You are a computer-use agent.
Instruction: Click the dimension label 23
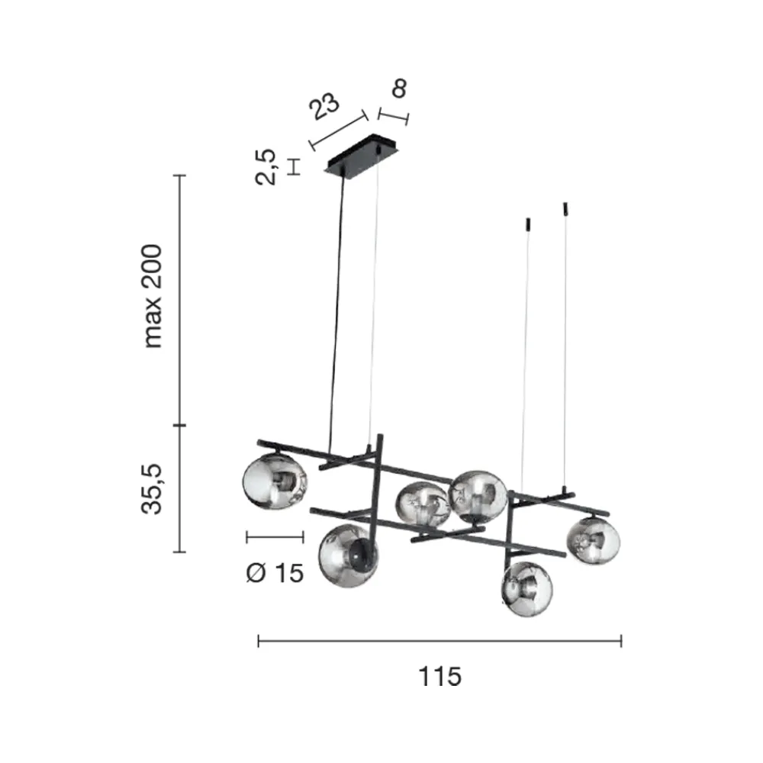click(324, 106)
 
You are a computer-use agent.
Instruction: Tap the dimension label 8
click(398, 89)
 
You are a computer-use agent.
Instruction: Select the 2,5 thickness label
click(266, 167)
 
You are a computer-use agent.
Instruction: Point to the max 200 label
click(153, 296)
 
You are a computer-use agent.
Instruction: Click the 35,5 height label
click(151, 488)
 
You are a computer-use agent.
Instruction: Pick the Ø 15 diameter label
click(275, 573)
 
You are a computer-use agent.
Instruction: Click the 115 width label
click(440, 676)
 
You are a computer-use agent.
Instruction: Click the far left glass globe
click(275, 481)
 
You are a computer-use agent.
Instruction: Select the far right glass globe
click(593, 541)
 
